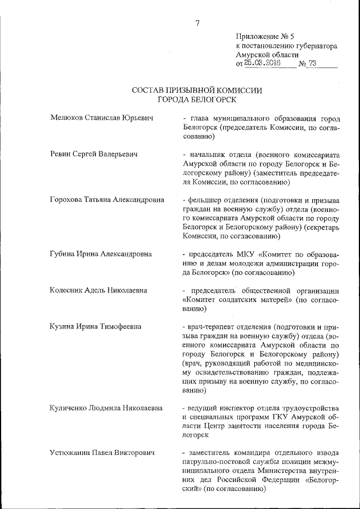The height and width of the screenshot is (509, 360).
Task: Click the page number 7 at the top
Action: [197, 23]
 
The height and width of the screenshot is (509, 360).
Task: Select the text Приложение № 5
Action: [263, 36]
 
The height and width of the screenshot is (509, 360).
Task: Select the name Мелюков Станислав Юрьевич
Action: [102, 118]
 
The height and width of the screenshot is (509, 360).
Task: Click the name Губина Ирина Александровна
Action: [101, 254]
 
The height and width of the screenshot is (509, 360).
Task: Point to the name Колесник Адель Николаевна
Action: [98, 290]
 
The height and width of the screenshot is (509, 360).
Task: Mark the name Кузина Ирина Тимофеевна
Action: [95, 326]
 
